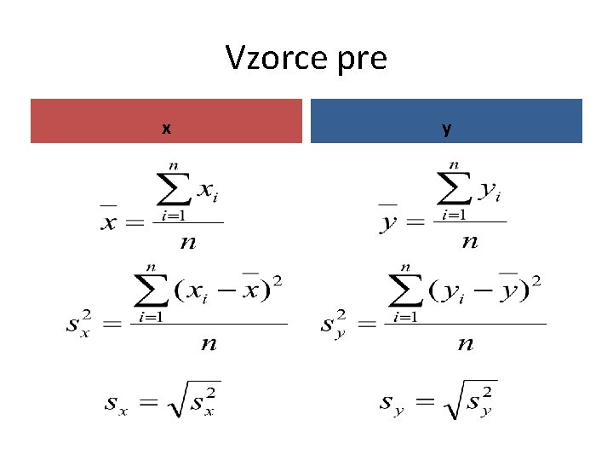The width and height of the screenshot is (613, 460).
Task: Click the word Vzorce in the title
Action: (274, 58)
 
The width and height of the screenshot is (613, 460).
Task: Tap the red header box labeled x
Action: (166, 121)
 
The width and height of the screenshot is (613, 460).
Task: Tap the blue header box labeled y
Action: (446, 121)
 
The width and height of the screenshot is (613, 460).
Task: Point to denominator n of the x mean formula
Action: (188, 243)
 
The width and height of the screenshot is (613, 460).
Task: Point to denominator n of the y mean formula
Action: (469, 243)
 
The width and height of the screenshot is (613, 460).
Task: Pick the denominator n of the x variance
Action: (209, 344)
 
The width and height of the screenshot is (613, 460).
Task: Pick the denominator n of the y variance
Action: (465, 344)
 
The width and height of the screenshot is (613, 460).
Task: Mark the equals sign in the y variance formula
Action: (367, 325)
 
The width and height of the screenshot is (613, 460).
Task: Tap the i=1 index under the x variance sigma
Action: (152, 317)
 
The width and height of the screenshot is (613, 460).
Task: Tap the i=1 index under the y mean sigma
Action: (452, 216)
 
